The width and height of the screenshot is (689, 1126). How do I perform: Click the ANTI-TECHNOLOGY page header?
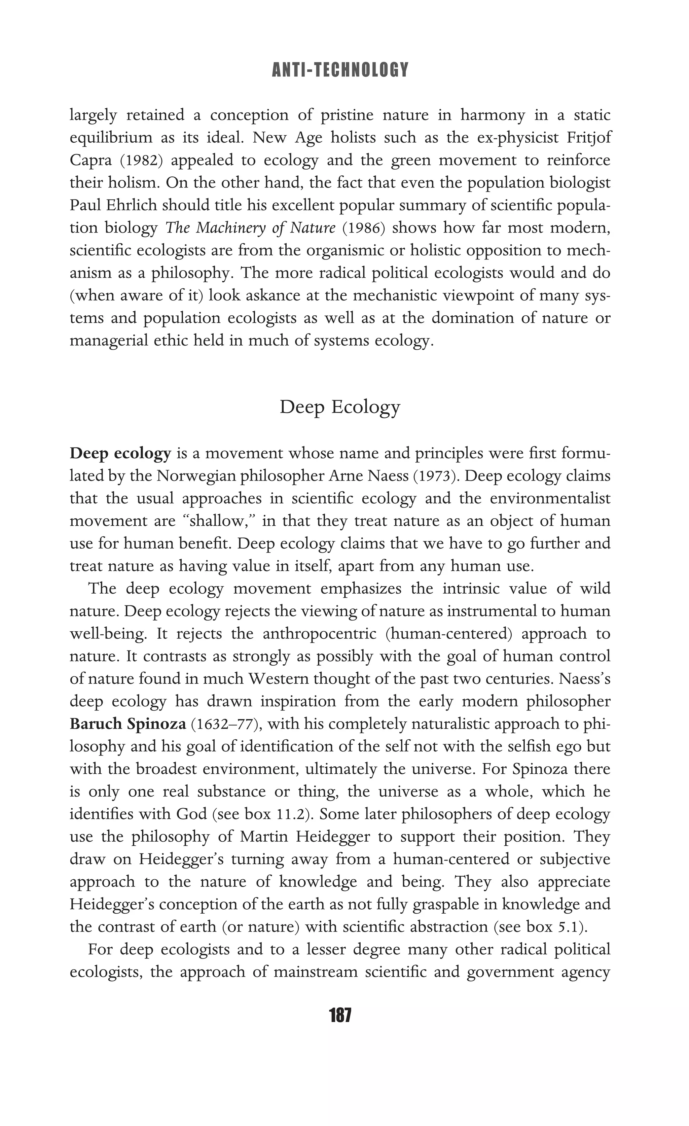[340, 70]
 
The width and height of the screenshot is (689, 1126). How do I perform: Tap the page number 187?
[340, 1015]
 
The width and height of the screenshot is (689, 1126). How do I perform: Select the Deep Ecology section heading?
[340, 407]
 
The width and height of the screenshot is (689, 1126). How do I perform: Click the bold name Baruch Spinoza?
[128, 724]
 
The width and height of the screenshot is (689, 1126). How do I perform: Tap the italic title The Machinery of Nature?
[250, 227]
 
